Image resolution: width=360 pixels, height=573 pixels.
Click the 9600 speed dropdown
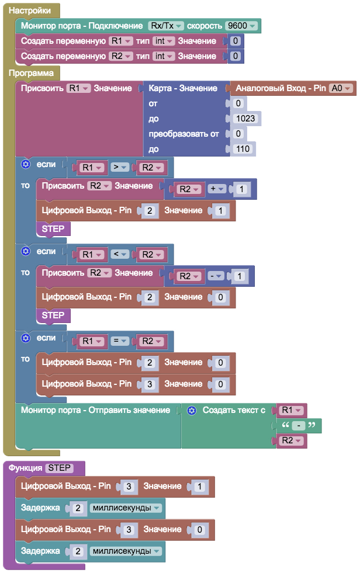pos(241,26)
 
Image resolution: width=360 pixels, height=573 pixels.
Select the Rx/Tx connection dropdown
pos(166,26)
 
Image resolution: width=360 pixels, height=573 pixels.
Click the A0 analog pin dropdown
pos(341,88)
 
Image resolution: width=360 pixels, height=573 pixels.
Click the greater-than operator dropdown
pos(119,168)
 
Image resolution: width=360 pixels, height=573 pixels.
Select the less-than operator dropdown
pos(119,254)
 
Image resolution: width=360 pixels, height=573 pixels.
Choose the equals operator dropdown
pos(119,341)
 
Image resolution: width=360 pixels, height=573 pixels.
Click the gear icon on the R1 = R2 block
pos(25,338)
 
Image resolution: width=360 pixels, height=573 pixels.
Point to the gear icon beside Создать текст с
pos(191,411)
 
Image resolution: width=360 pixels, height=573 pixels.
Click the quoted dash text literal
pos(298,426)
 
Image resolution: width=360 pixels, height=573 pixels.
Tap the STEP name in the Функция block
pos(59,467)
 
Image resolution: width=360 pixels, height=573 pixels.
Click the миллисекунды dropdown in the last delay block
pos(126,551)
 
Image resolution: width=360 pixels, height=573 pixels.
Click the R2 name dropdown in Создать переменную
pos(120,57)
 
